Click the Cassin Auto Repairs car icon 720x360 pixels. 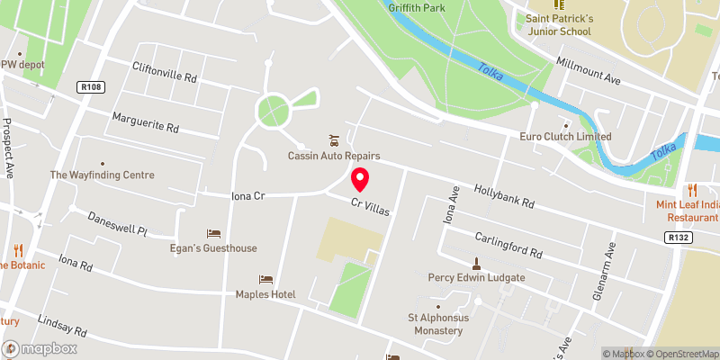335,139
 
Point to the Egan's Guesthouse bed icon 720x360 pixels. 214,234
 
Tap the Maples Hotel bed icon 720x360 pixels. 265,280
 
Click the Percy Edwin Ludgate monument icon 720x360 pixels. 476,264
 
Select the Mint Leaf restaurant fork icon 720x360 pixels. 692,190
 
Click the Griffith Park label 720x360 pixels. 417,7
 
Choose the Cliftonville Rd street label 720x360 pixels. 165,78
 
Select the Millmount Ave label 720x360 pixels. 589,69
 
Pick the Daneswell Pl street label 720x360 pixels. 117,223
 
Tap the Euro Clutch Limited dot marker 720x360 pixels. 565,124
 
